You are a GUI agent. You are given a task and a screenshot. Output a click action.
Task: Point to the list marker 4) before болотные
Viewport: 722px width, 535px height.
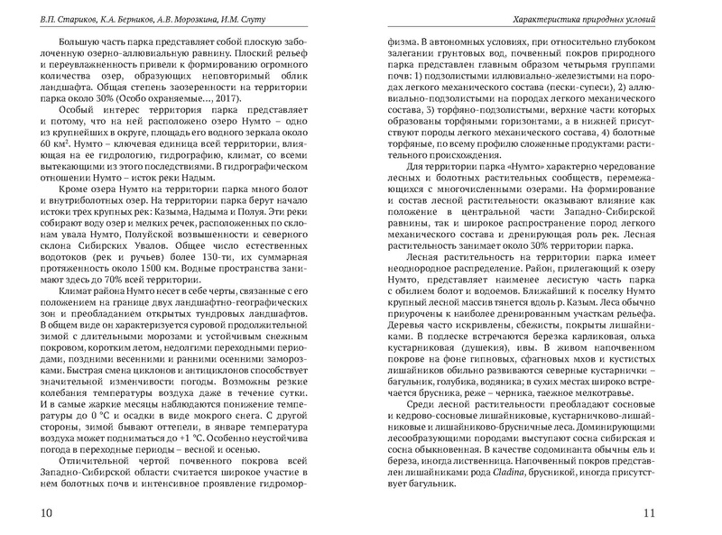point(613,131)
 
